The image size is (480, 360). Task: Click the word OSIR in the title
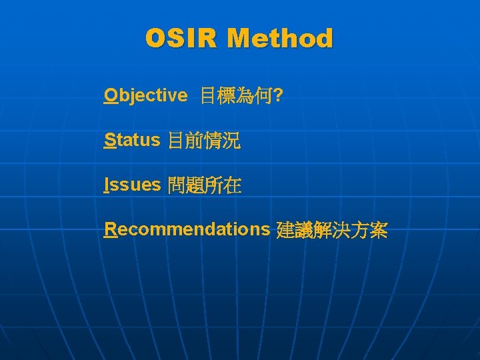[181, 39]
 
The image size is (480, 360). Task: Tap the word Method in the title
[279, 39]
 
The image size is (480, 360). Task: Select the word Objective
[146, 96]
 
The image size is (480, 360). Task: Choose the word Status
[132, 140]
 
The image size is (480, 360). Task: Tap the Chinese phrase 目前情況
[204, 141]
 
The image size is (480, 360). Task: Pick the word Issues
[133, 185]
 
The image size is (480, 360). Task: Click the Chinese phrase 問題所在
[205, 185]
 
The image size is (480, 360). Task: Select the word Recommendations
[187, 229]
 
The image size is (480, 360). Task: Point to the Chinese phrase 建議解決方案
[331, 231]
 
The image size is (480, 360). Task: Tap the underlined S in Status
[110, 140]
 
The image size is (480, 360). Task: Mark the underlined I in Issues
[107, 185]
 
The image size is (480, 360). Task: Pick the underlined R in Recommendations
[111, 229]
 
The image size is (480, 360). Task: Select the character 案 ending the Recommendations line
[378, 231]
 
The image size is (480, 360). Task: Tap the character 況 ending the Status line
[231, 141]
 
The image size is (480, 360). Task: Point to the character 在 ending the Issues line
[232, 185]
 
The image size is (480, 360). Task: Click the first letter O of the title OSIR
[156, 39]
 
